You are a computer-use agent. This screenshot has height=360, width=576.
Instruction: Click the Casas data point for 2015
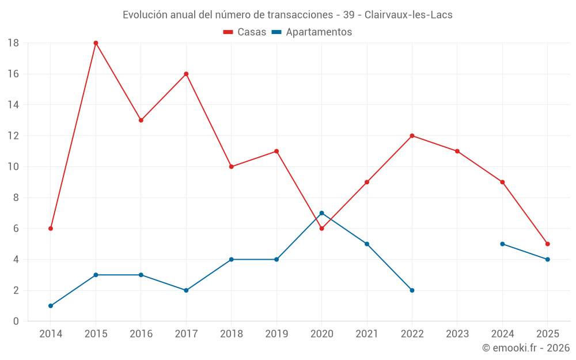point(96,43)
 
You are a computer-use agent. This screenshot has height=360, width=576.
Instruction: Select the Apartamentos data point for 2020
point(321,213)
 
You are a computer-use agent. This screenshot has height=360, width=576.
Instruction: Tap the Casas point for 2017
point(186,74)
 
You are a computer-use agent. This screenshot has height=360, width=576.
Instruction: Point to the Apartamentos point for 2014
point(51,306)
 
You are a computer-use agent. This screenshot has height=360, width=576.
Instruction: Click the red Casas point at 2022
point(412,136)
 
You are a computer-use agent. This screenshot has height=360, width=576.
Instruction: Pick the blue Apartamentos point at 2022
point(412,290)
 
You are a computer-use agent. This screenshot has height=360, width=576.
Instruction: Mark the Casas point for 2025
point(547,244)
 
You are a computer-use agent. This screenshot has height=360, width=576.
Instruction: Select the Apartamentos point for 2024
point(502,244)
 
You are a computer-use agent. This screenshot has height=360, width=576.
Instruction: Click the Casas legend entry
point(245,32)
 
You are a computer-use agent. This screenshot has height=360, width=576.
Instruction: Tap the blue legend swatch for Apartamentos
point(276,32)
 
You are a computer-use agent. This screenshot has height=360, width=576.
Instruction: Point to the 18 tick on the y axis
point(13,43)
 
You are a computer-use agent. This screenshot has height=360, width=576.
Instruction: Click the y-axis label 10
point(13,167)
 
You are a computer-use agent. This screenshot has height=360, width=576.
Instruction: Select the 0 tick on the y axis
point(16,321)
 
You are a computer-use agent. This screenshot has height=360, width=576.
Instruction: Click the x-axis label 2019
point(276,334)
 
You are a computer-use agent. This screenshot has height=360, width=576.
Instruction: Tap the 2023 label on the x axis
point(457,334)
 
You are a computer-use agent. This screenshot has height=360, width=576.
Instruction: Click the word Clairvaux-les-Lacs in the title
point(408,15)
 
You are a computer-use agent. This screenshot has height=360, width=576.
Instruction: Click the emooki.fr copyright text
point(526,348)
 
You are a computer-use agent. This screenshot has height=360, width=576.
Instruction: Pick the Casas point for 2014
point(51,229)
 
